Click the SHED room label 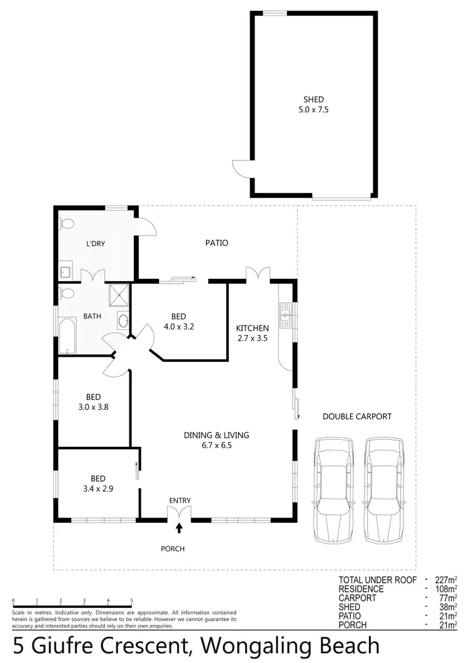click(313, 99)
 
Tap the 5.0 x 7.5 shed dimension click(313, 109)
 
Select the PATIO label click(217, 242)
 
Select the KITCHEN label click(252, 328)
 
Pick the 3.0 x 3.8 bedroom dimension click(93, 407)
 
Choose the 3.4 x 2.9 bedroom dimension click(93, 489)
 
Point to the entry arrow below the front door click(179, 528)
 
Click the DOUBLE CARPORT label click(356, 416)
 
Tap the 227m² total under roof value click(445, 580)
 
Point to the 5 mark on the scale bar click(131, 601)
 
